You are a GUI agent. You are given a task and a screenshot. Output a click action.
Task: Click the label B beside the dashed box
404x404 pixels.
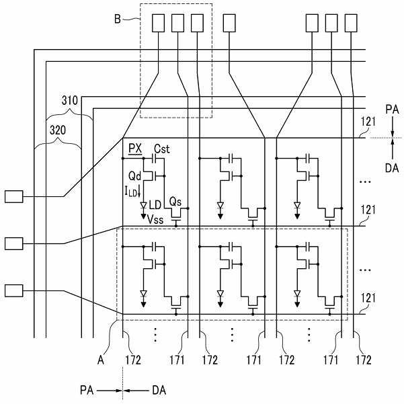118,19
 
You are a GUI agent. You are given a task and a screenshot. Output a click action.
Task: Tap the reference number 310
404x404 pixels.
69,100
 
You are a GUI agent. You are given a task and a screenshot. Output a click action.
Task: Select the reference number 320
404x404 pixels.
58,130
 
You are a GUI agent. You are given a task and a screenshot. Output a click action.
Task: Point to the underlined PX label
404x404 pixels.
135,149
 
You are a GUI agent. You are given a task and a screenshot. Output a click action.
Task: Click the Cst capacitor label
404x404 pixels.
162,149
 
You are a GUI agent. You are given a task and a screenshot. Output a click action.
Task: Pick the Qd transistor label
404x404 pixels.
134,176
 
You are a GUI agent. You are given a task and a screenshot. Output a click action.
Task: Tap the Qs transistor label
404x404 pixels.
175,202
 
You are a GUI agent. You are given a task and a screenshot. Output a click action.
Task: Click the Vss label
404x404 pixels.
155,220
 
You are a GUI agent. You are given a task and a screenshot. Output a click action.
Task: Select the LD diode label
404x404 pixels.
155,205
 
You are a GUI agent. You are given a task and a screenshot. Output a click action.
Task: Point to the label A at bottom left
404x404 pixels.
101,360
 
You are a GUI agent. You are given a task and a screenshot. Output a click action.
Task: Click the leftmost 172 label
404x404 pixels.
133,360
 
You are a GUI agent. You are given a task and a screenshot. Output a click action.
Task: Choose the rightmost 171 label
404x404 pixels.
331,360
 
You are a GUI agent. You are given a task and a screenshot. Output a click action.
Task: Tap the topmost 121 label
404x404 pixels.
368,122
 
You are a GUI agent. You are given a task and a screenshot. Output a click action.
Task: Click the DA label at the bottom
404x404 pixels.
159,391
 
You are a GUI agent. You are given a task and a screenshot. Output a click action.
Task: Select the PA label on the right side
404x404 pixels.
392,110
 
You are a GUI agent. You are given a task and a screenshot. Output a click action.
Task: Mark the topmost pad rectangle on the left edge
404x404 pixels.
14,196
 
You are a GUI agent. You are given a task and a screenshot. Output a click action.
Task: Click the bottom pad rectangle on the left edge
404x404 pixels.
14,291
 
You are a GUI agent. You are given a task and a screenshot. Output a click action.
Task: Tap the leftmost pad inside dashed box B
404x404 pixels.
158,23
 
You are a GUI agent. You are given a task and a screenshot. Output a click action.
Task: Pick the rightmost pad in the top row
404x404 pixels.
351,23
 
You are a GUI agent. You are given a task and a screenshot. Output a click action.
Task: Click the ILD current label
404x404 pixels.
132,192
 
